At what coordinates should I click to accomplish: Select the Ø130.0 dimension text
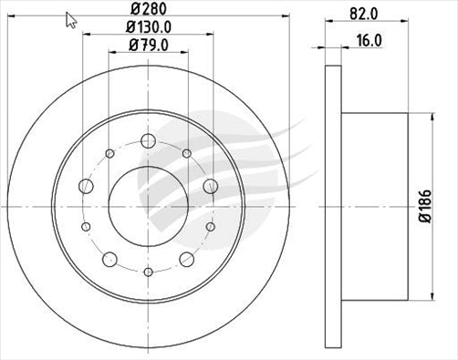[148, 27]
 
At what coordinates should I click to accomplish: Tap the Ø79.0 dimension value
[148, 46]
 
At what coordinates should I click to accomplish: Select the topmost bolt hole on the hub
[148, 141]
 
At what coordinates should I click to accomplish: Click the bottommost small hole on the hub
[148, 271]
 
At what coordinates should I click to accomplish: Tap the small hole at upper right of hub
[188, 154]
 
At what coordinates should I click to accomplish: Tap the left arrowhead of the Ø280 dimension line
[12, 18]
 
